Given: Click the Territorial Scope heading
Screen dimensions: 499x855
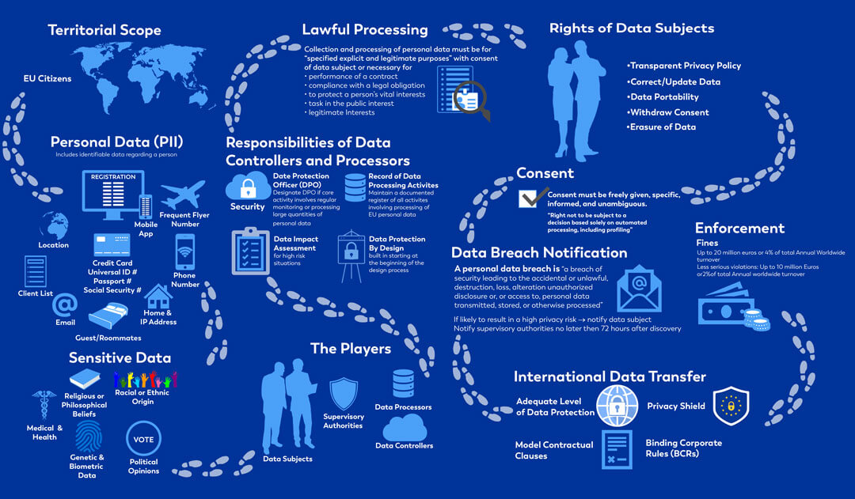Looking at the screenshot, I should (104, 31).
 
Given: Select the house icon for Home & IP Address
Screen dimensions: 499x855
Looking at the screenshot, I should (158, 297).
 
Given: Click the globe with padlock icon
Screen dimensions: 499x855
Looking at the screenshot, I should (617, 405).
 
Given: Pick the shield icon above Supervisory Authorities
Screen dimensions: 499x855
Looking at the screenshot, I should (344, 393).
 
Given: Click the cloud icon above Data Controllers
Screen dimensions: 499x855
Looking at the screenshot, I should (405, 428).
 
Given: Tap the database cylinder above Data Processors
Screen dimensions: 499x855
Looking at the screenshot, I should (403, 384).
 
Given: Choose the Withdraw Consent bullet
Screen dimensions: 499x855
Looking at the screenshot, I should (669, 112).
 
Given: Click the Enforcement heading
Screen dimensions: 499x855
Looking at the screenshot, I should (739, 229).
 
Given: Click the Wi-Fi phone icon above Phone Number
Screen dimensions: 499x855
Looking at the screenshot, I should (184, 252).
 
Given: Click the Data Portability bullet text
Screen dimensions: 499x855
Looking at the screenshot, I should (663, 96).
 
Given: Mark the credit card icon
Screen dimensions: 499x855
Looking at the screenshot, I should (111, 244).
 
